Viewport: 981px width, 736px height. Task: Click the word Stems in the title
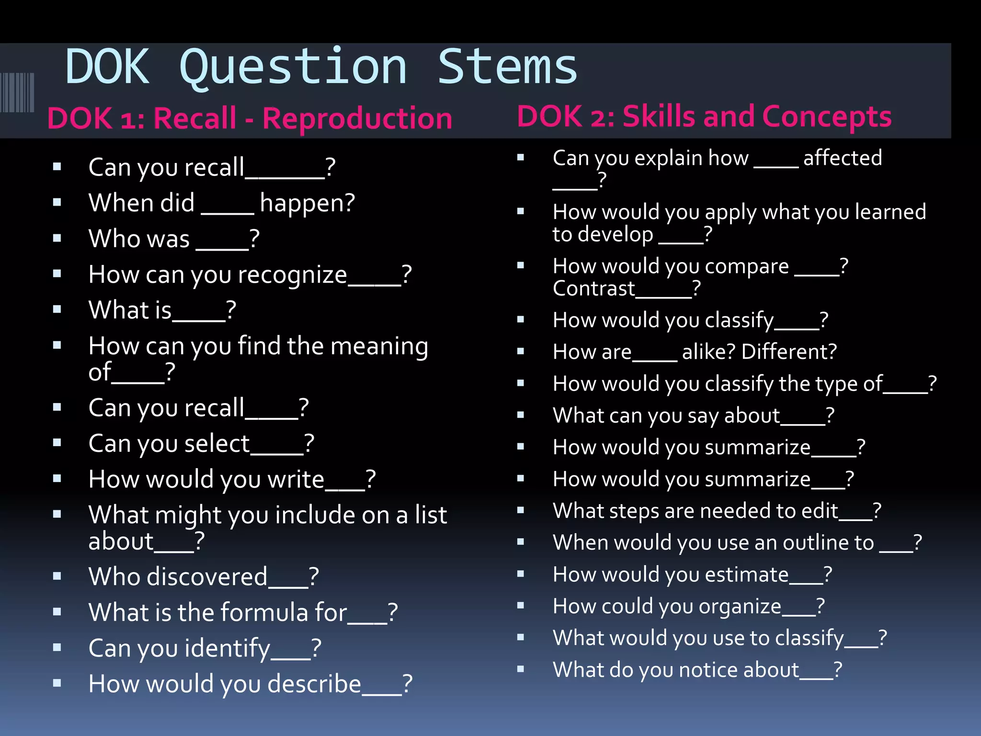point(507,67)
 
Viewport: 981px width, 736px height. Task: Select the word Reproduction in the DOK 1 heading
point(357,119)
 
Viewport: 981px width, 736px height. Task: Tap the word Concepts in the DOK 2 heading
point(826,117)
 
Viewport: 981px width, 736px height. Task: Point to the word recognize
point(292,275)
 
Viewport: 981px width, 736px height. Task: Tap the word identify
point(227,648)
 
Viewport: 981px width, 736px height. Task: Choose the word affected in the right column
point(843,158)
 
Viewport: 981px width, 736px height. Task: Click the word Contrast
point(593,288)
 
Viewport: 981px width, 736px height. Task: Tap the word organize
point(740,607)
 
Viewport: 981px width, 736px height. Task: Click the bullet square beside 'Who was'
point(57,238)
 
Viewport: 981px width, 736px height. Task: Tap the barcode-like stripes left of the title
point(17,92)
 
